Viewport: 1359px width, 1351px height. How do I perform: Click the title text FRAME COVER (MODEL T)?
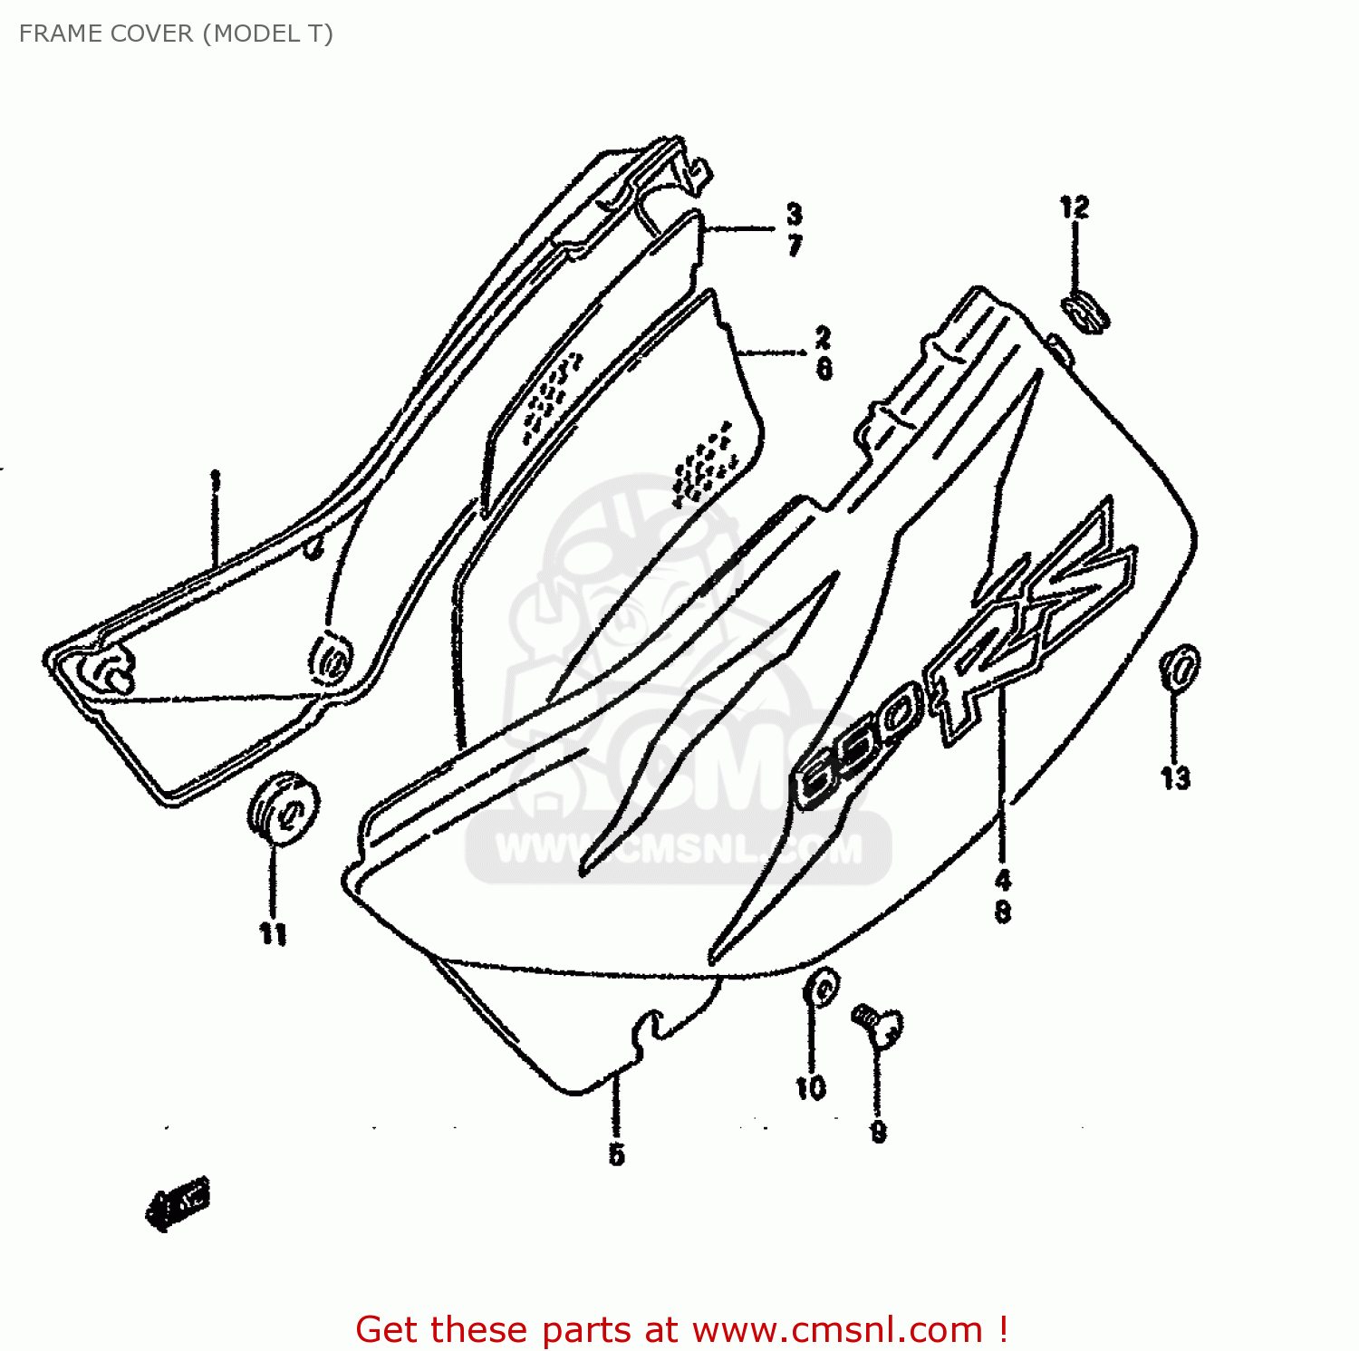point(176,34)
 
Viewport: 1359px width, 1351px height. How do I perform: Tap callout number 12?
point(1075,207)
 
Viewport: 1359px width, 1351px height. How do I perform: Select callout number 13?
point(1175,777)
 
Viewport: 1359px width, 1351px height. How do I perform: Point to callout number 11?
point(273,933)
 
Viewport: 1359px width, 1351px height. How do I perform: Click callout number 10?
point(811,1087)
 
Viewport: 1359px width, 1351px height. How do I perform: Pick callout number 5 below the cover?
point(616,1154)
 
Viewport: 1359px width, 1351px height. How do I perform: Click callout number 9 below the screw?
point(878,1132)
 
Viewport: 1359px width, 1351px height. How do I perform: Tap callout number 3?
point(794,214)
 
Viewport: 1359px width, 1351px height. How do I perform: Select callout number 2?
point(823,337)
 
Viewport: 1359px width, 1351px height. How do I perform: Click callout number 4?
point(1002,879)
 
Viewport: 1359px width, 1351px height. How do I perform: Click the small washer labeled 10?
point(821,988)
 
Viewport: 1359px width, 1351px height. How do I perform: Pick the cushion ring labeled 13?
point(1179,669)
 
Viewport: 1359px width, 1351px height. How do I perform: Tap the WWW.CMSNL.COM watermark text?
point(679,850)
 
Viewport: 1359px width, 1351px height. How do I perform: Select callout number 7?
point(795,245)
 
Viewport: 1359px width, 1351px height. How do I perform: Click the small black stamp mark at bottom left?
point(178,1204)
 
